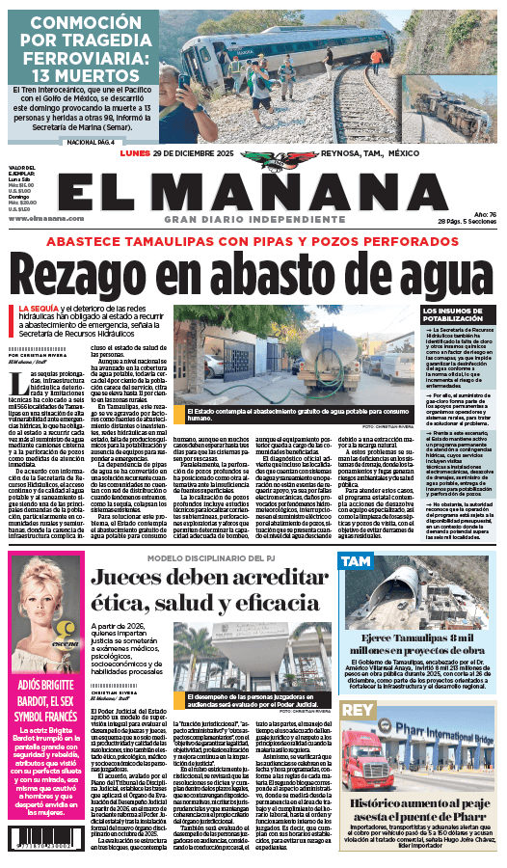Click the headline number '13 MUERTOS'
81,76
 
